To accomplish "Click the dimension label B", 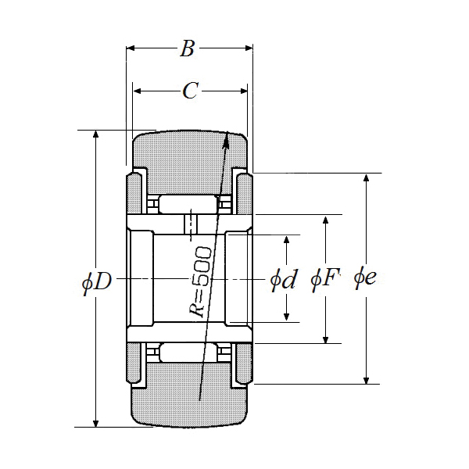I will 187,49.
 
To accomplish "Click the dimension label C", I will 190,91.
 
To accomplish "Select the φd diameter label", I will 283,279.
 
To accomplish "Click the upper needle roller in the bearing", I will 187,205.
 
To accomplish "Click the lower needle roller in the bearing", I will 187,353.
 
